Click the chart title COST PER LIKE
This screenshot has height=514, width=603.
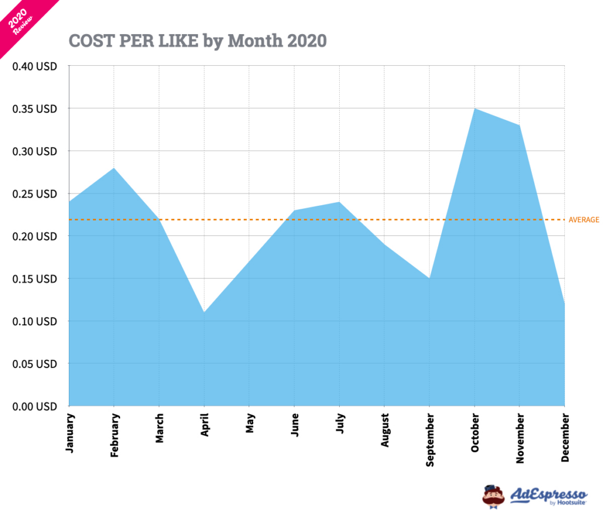pos(197,40)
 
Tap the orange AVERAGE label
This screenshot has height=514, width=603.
pos(584,220)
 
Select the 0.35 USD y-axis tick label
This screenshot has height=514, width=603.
pos(34,109)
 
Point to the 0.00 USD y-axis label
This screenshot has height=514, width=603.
pos(34,406)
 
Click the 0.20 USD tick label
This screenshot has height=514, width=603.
pos(34,236)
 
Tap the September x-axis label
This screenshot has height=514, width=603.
pos(429,440)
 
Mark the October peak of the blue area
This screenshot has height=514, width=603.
pos(474,109)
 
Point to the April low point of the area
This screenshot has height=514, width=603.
pos(204,312)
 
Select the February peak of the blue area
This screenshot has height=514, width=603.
pos(114,168)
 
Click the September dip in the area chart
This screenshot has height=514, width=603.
pos(429,278)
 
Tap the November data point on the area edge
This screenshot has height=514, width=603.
pos(519,125)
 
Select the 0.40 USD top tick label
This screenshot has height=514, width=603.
pos(34,66)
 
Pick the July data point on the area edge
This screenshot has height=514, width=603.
pos(339,202)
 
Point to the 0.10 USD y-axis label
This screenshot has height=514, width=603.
pos(34,321)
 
